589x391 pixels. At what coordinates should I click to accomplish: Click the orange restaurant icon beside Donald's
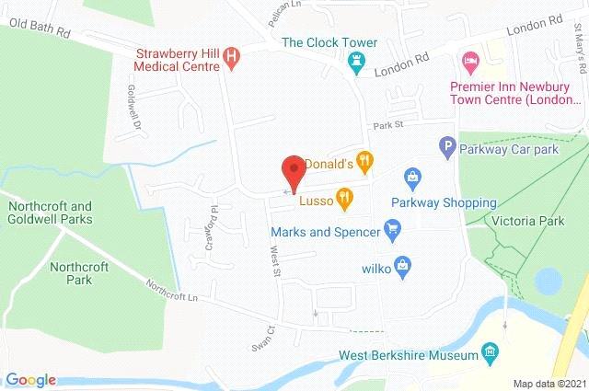point(365,163)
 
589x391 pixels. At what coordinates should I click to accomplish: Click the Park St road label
point(388,128)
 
